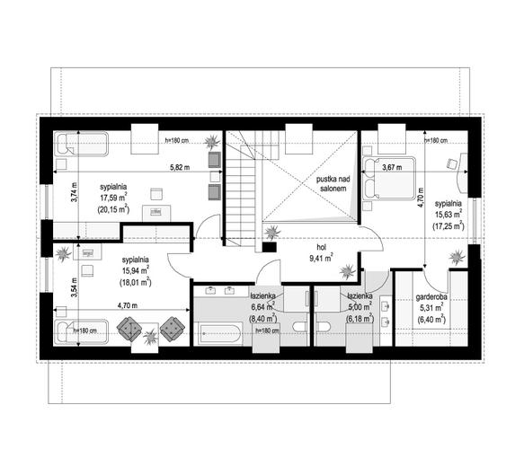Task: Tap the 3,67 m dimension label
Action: pyautogui.click(x=392, y=168)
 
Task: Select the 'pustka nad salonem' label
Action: pyautogui.click(x=333, y=184)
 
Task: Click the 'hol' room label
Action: pyautogui.click(x=322, y=247)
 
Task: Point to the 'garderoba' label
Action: pyautogui.click(x=431, y=296)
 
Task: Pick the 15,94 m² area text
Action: pyautogui.click(x=136, y=270)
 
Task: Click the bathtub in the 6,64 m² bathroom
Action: pyautogui.click(x=220, y=334)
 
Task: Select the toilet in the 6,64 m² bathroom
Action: pyautogui.click(x=299, y=327)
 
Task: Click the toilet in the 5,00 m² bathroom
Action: pyautogui.click(x=323, y=327)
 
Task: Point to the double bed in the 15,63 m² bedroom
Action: pyautogui.click(x=389, y=179)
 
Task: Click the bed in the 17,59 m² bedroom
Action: pyautogui.click(x=82, y=144)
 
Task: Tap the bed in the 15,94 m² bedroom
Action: pyautogui.click(x=82, y=331)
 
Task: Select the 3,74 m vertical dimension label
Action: pyautogui.click(x=75, y=192)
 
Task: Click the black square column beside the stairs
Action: pyautogui.click(x=270, y=247)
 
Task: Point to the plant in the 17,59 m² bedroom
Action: pyautogui.click(x=212, y=142)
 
